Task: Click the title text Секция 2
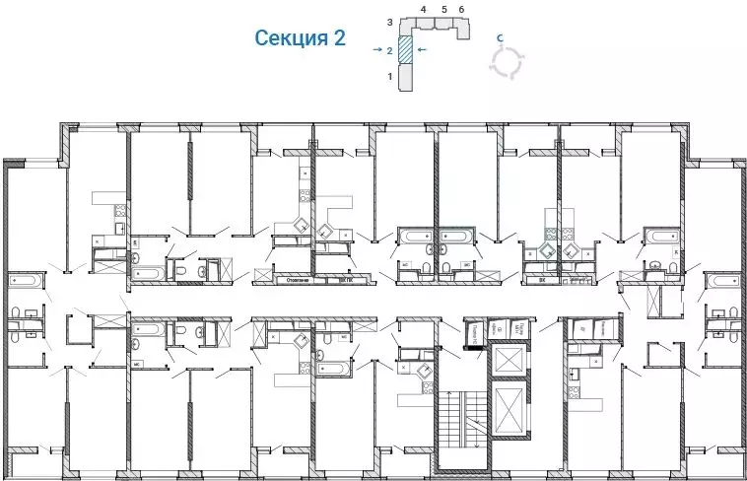click(300, 38)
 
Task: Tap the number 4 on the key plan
click(423, 9)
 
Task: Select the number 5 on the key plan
click(443, 9)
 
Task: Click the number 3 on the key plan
click(390, 21)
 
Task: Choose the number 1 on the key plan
click(390, 76)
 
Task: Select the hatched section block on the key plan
click(405, 49)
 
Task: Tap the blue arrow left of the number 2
click(378, 48)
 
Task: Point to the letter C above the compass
click(501, 37)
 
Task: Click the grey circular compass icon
click(508, 62)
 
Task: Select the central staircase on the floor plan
click(465, 418)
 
